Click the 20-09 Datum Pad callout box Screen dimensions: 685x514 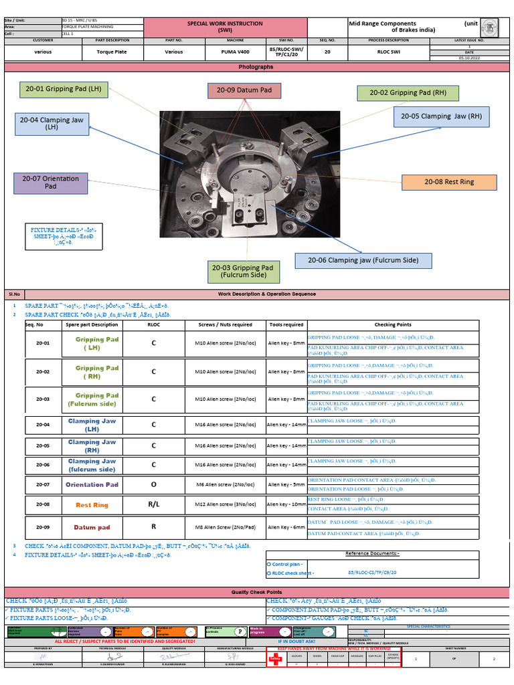pyautogui.click(x=244, y=90)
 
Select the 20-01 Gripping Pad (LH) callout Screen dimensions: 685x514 pyautogui.click(x=64, y=89)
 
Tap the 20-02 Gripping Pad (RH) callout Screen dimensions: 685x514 pyautogui.click(x=408, y=93)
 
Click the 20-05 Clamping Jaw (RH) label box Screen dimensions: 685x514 pyautogui.click(x=441, y=116)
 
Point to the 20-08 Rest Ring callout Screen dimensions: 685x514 pyautogui.click(x=449, y=182)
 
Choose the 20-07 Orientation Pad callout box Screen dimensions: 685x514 pyautogui.click(x=50, y=183)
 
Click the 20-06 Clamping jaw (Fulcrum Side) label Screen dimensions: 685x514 pyautogui.click(x=363, y=260)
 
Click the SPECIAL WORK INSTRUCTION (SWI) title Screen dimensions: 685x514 pyautogui.click(x=225, y=27)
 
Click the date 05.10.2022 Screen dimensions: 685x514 pyautogui.click(x=469, y=58)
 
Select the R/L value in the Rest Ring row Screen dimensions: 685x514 pyautogui.click(x=153, y=504)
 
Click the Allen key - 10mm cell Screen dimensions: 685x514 pyautogui.click(x=286, y=504)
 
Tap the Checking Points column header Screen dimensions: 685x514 pyautogui.click(x=393, y=324)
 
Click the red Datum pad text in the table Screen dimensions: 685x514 pyautogui.click(x=92, y=527)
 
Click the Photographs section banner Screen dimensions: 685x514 pyautogui.click(x=256, y=67)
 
